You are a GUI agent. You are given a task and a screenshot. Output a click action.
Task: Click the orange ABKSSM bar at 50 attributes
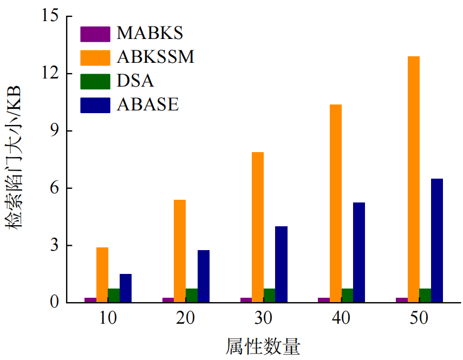pyautogui.click(x=414, y=179)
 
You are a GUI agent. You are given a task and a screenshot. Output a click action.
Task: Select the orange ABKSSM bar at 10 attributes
pyautogui.click(x=102, y=274)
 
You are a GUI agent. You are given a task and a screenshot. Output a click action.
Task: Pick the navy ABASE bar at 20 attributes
pyautogui.click(x=204, y=276)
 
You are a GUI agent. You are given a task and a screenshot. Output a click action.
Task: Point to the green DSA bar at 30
pyautogui.click(x=270, y=295)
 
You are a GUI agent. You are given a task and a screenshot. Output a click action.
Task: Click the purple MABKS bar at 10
pyautogui.click(x=90, y=299)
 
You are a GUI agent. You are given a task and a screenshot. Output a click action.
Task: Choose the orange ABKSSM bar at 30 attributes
pyautogui.click(x=258, y=227)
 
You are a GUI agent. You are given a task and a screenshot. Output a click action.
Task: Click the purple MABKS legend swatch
pyautogui.click(x=95, y=34)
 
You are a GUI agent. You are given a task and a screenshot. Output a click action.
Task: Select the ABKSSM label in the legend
pyautogui.click(x=155, y=57)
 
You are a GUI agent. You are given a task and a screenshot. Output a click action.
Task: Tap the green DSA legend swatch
pyautogui.click(x=95, y=81)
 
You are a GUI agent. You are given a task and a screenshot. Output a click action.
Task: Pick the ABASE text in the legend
pyautogui.click(x=147, y=104)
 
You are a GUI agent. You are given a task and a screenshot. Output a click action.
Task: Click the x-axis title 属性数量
pyautogui.click(x=263, y=345)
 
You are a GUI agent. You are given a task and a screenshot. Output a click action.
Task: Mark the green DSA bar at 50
pyautogui.click(x=425, y=295)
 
